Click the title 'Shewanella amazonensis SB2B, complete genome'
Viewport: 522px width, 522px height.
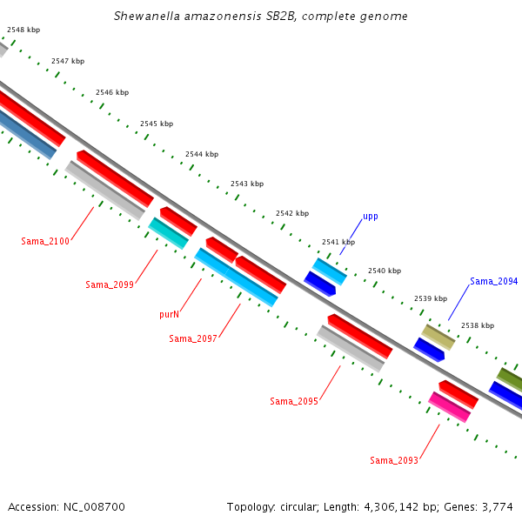click(x=260, y=17)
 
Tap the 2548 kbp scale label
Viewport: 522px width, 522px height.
click(x=23, y=30)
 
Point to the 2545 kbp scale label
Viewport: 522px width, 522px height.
click(x=157, y=124)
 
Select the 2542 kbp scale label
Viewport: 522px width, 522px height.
click(x=291, y=213)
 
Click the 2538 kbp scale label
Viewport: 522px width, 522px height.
click(x=477, y=325)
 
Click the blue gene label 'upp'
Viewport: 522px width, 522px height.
click(x=371, y=216)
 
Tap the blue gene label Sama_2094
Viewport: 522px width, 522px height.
click(x=493, y=282)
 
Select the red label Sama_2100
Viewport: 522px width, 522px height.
click(x=45, y=241)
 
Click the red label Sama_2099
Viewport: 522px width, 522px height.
click(x=110, y=284)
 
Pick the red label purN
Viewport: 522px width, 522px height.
click(x=169, y=314)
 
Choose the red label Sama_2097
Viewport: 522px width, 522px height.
click(x=193, y=338)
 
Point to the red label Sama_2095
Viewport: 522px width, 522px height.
click(x=294, y=401)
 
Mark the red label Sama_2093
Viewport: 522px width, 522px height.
click(x=393, y=460)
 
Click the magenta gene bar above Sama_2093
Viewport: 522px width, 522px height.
click(x=449, y=407)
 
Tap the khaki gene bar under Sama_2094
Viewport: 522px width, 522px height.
click(x=438, y=337)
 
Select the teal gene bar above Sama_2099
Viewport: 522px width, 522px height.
click(x=168, y=233)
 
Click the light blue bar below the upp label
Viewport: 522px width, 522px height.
click(x=330, y=271)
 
